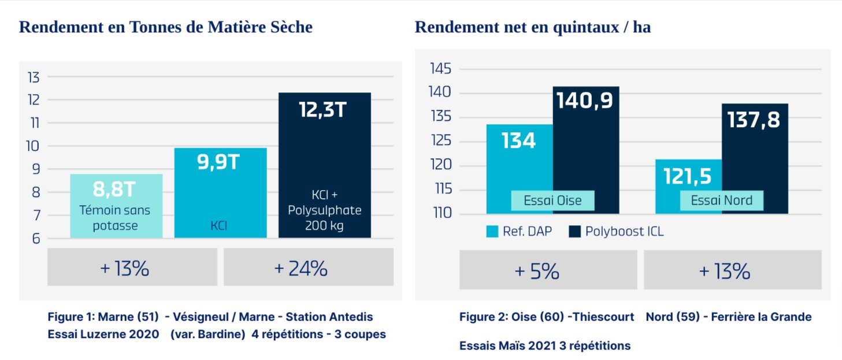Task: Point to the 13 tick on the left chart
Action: click(34, 77)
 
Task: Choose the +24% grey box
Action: click(309, 268)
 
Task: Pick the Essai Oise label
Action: click(552, 201)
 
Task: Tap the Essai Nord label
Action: click(722, 201)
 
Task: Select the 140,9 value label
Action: click(585, 101)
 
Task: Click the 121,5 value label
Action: click(688, 176)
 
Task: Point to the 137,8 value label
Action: click(754, 120)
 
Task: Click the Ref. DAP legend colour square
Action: click(492, 232)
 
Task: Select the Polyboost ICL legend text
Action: click(624, 232)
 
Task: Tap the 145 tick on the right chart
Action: click(440, 69)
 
